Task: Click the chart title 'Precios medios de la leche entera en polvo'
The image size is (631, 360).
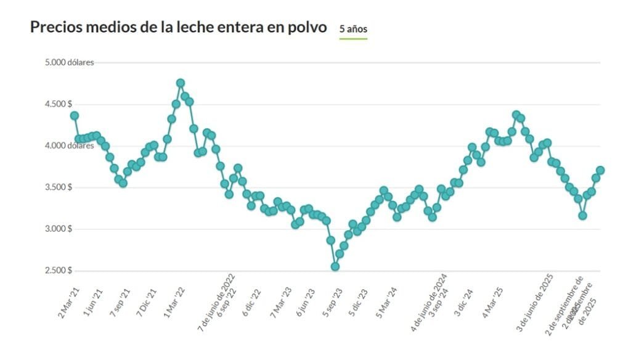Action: pos(178,28)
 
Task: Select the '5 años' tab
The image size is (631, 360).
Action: pos(353,29)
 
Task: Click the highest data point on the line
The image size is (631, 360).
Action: pos(181,83)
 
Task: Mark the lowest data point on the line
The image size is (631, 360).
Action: pos(335,266)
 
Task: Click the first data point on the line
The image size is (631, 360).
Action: pos(75,115)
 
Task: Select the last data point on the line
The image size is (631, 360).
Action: pos(600,170)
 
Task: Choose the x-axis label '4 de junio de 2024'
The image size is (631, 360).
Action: pos(429,303)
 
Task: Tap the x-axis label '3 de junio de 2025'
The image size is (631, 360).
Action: pos(534,303)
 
